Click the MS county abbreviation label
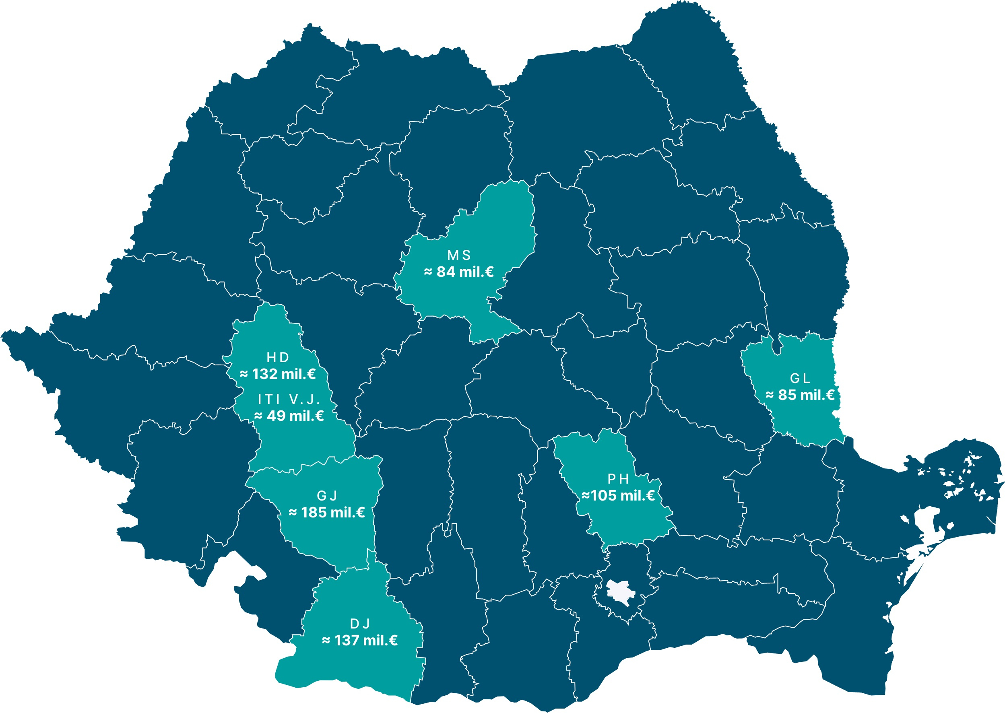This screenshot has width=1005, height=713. pos(459,255)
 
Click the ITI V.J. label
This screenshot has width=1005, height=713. pos(289,399)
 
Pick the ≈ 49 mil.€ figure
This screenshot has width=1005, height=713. pos(289,416)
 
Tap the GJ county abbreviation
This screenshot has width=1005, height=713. pos(327,496)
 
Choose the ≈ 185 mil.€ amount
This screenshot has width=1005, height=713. pos(327,512)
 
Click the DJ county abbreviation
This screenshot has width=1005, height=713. pos(360,623)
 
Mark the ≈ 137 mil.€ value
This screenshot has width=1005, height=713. pos(360,641)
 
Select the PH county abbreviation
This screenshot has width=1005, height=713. pos(618,478)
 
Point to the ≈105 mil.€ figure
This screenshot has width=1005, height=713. pos(618,496)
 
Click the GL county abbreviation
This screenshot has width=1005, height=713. pos(800,378)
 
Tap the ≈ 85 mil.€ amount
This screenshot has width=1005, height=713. pos(800,395)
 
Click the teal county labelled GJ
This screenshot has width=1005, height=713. pos(334,540)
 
